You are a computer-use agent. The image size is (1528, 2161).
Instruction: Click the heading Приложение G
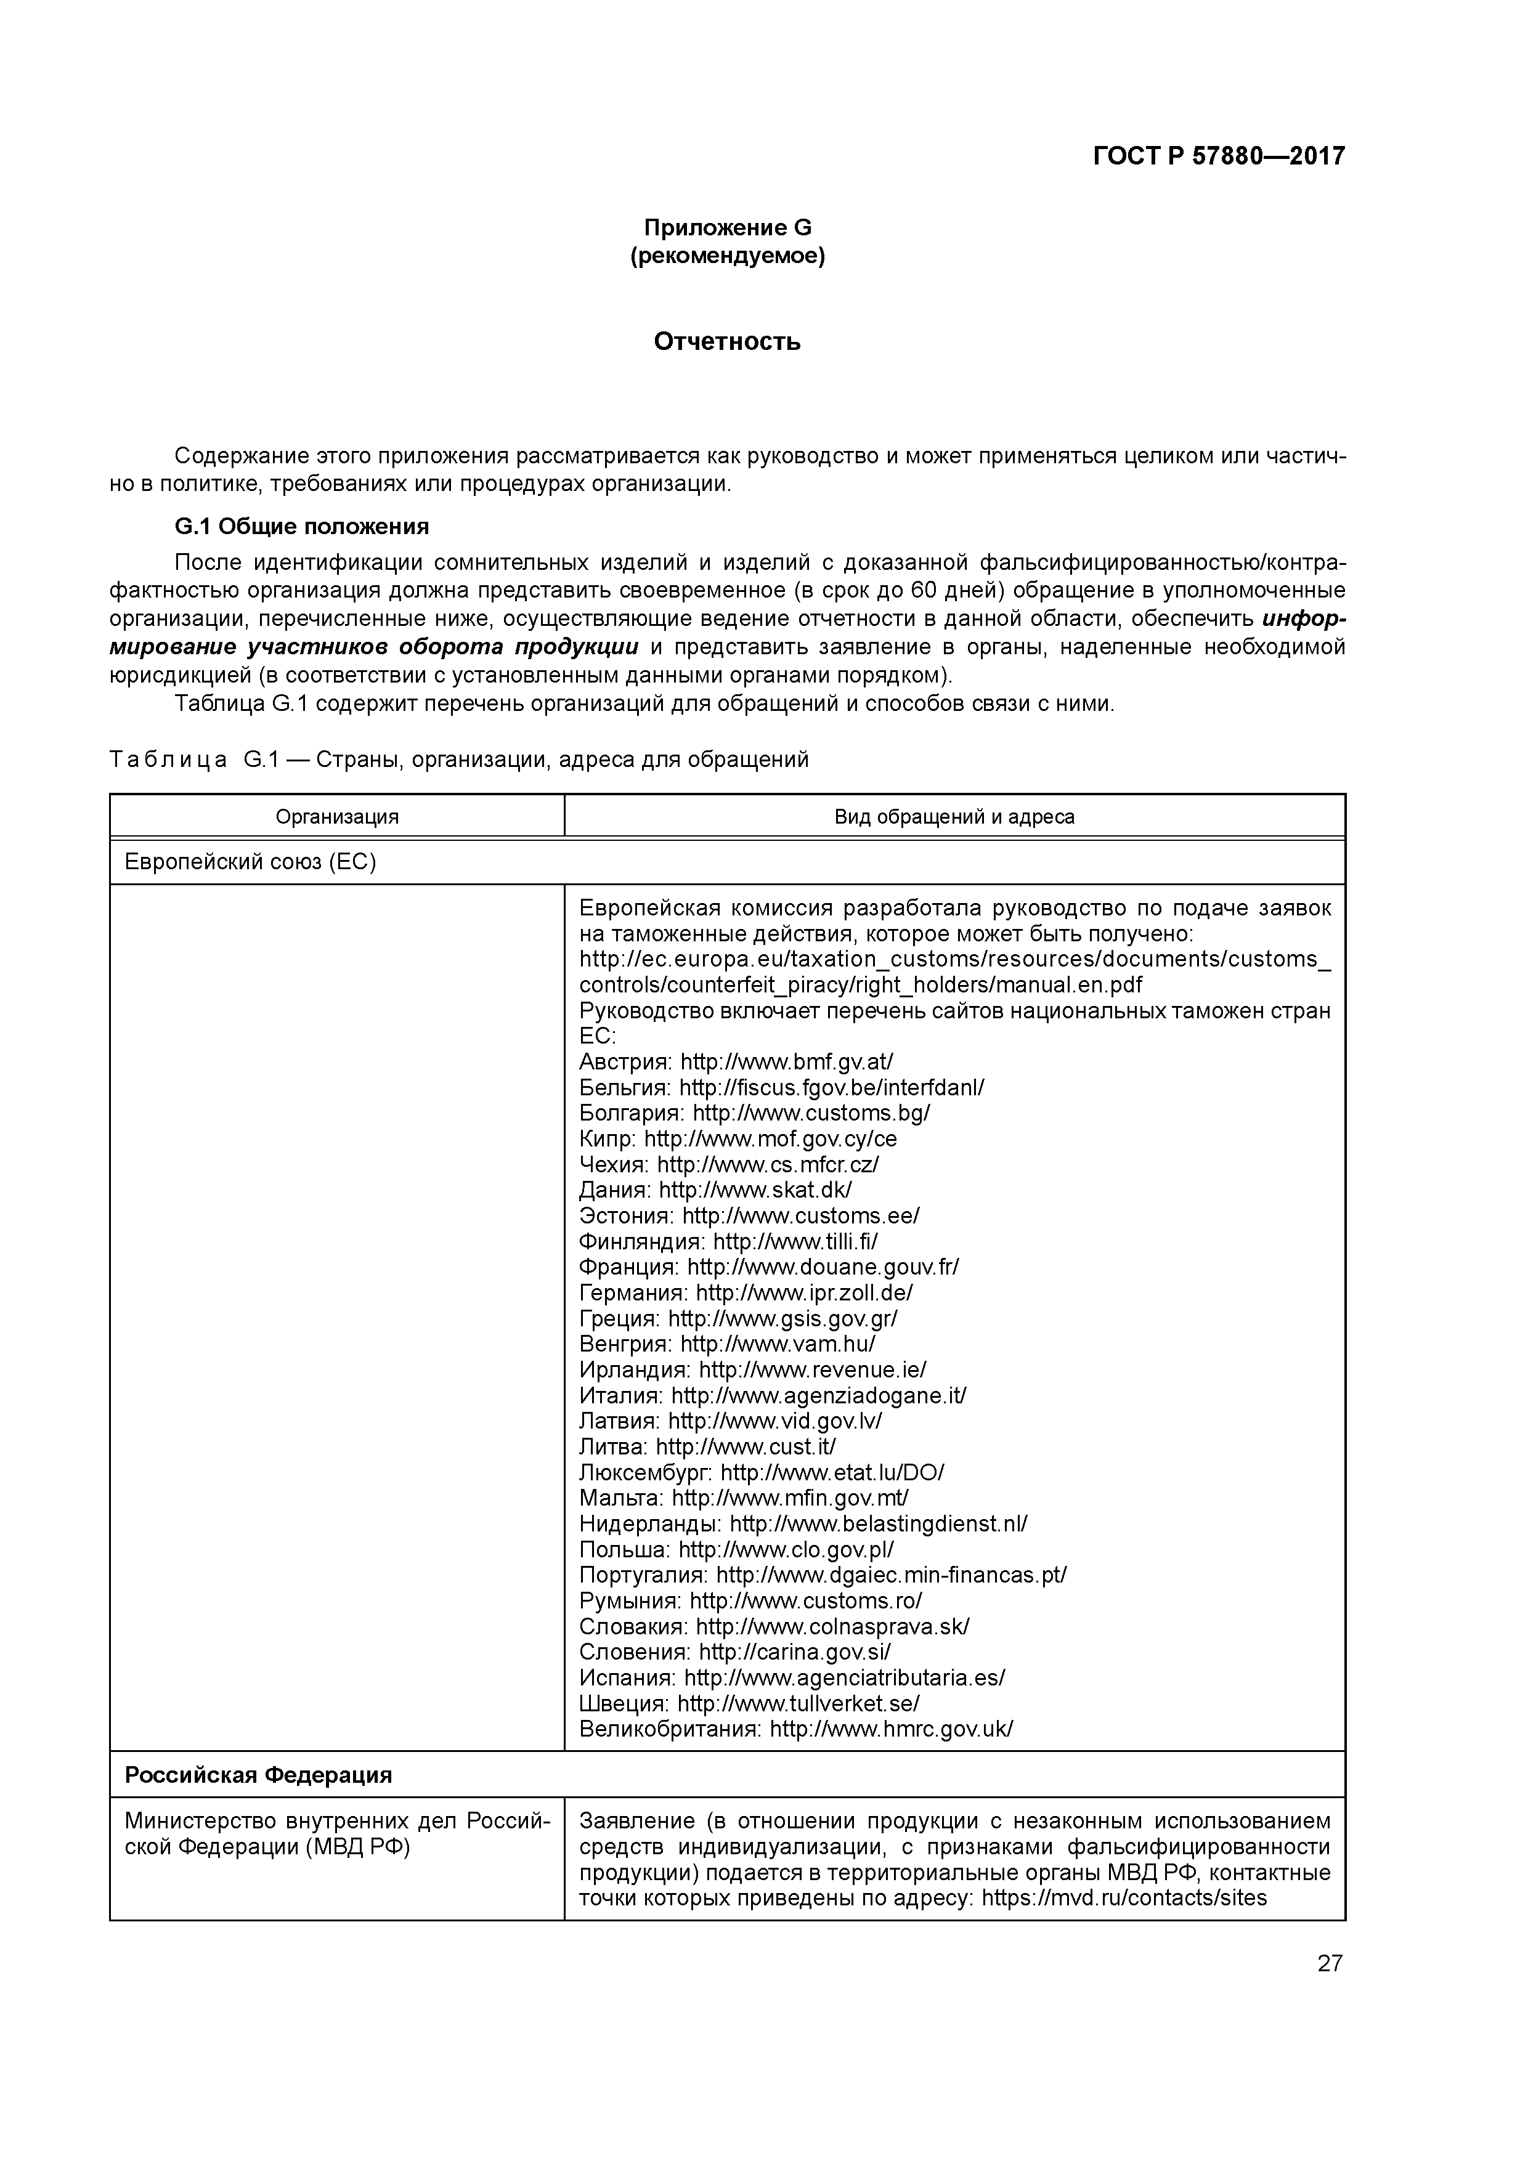pyautogui.click(x=727, y=228)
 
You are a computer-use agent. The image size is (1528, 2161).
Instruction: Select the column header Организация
pyautogui.click(x=337, y=817)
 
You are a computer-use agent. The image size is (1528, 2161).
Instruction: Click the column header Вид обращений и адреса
pyautogui.click(x=954, y=817)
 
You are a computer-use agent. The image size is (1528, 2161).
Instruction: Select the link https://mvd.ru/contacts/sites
pyautogui.click(x=1124, y=1897)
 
